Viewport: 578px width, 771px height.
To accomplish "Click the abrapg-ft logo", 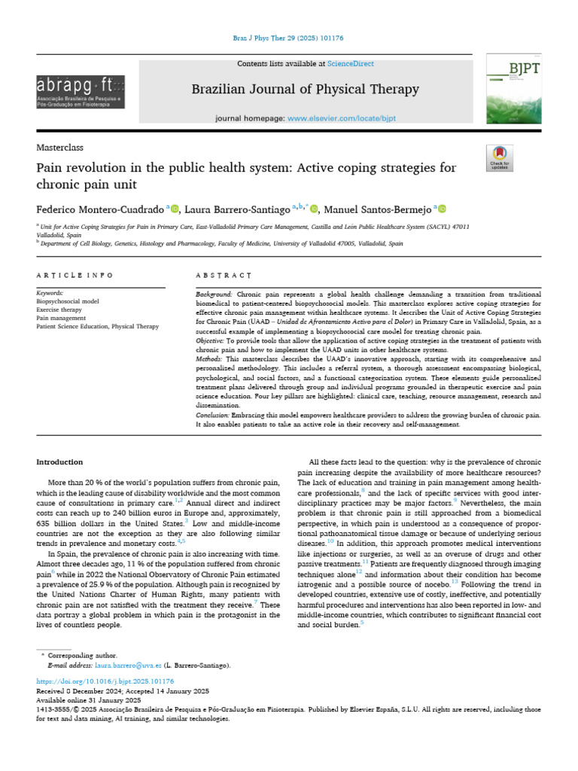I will pos(80,91).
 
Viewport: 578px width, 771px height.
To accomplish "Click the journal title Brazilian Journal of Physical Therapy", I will pos(305,89).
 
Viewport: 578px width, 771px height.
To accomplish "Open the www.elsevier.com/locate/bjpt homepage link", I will pos(342,119).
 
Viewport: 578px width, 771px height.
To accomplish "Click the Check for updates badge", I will pos(500,157).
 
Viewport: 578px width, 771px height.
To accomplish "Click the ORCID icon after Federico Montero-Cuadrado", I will pos(175,209).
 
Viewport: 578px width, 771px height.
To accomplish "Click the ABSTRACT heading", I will pos(224,276).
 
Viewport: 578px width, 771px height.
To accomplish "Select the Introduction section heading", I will pos(60,462).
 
